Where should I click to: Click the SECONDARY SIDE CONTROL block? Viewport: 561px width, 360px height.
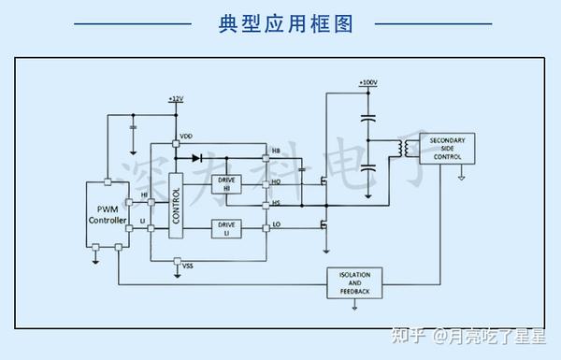click(447, 151)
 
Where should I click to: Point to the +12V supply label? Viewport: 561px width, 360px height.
click(176, 98)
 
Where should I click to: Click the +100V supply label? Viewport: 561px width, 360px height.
click(367, 83)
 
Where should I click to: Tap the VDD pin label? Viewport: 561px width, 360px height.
click(186, 137)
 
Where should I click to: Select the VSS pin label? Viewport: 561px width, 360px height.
click(188, 266)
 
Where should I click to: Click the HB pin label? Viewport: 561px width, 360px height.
click(276, 151)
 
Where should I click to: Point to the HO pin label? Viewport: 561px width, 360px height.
click(276, 183)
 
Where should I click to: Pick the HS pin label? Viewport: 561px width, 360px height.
click(276, 202)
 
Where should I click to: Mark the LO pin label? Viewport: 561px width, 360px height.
click(276, 224)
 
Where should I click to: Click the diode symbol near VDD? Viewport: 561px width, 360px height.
click(196, 157)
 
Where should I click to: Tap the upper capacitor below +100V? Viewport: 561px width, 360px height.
click(368, 118)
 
